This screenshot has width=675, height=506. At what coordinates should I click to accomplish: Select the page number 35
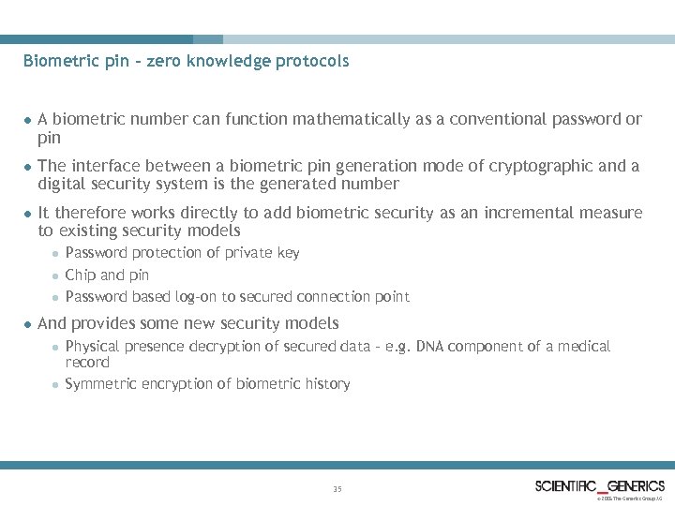pyautogui.click(x=337, y=488)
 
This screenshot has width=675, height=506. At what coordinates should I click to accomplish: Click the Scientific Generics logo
pyautogui.click(x=599, y=485)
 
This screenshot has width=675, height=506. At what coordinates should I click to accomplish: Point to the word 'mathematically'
pyautogui.click(x=351, y=120)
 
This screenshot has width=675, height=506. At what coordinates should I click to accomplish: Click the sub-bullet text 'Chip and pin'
pyautogui.click(x=107, y=275)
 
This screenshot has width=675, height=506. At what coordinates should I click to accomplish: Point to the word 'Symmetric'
pyautogui.click(x=99, y=383)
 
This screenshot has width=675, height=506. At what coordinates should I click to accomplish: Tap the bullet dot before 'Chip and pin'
pyautogui.click(x=55, y=275)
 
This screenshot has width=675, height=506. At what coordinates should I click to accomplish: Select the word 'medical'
pyautogui.click(x=585, y=347)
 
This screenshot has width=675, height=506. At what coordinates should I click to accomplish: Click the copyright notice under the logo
pyautogui.click(x=630, y=499)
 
